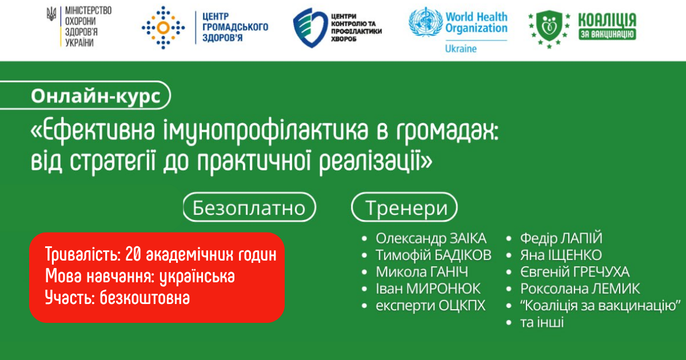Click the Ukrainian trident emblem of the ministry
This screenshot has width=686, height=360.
point(51,14)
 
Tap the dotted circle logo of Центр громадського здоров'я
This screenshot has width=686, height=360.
point(163,27)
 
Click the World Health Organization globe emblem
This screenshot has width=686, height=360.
point(426,22)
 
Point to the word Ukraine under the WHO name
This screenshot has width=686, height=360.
point(461,49)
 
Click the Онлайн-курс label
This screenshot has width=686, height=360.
point(95,96)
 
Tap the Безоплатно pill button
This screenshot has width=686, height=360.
point(249,207)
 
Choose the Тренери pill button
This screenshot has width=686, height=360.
point(404,207)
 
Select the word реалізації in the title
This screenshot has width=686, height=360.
point(376,162)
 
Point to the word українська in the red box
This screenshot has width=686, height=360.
point(197,277)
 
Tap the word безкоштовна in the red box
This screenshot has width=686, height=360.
point(145,298)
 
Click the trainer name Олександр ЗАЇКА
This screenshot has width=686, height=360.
point(431,238)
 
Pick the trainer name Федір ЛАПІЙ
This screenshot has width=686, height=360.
point(561,238)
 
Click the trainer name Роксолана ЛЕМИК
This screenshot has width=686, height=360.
point(580,289)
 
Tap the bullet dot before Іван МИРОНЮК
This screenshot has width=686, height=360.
point(364,289)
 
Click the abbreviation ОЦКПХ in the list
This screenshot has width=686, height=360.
point(462,306)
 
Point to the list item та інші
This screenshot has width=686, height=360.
point(542,322)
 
